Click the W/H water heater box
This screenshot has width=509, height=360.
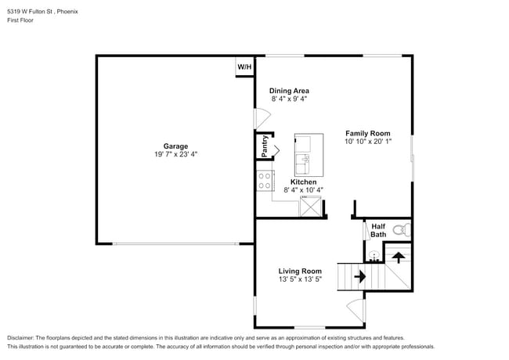pos(244,67)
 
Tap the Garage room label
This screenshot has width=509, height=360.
pos(175,146)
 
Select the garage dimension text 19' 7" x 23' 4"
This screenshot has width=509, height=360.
pos(175,154)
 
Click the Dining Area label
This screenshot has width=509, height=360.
pos(289,91)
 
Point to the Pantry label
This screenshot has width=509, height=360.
pos(265,146)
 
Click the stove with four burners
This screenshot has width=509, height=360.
pos(265,181)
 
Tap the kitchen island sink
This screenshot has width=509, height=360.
pos(303,164)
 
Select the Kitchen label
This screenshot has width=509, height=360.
pos(303,182)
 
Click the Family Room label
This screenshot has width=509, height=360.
pos(368,133)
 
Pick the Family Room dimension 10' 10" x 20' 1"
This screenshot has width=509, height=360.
pos(368,142)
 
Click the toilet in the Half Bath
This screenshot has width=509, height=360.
pos(399,230)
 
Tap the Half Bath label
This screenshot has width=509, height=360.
pos(378,230)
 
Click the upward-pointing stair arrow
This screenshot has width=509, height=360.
pos(398,256)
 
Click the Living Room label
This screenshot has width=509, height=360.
pos(300,271)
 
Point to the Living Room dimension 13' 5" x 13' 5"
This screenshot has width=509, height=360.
pos(300,279)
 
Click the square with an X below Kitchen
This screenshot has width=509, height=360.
pos(312,207)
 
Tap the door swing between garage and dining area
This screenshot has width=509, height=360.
pos(262,119)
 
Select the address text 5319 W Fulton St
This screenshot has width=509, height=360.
pos(30,12)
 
